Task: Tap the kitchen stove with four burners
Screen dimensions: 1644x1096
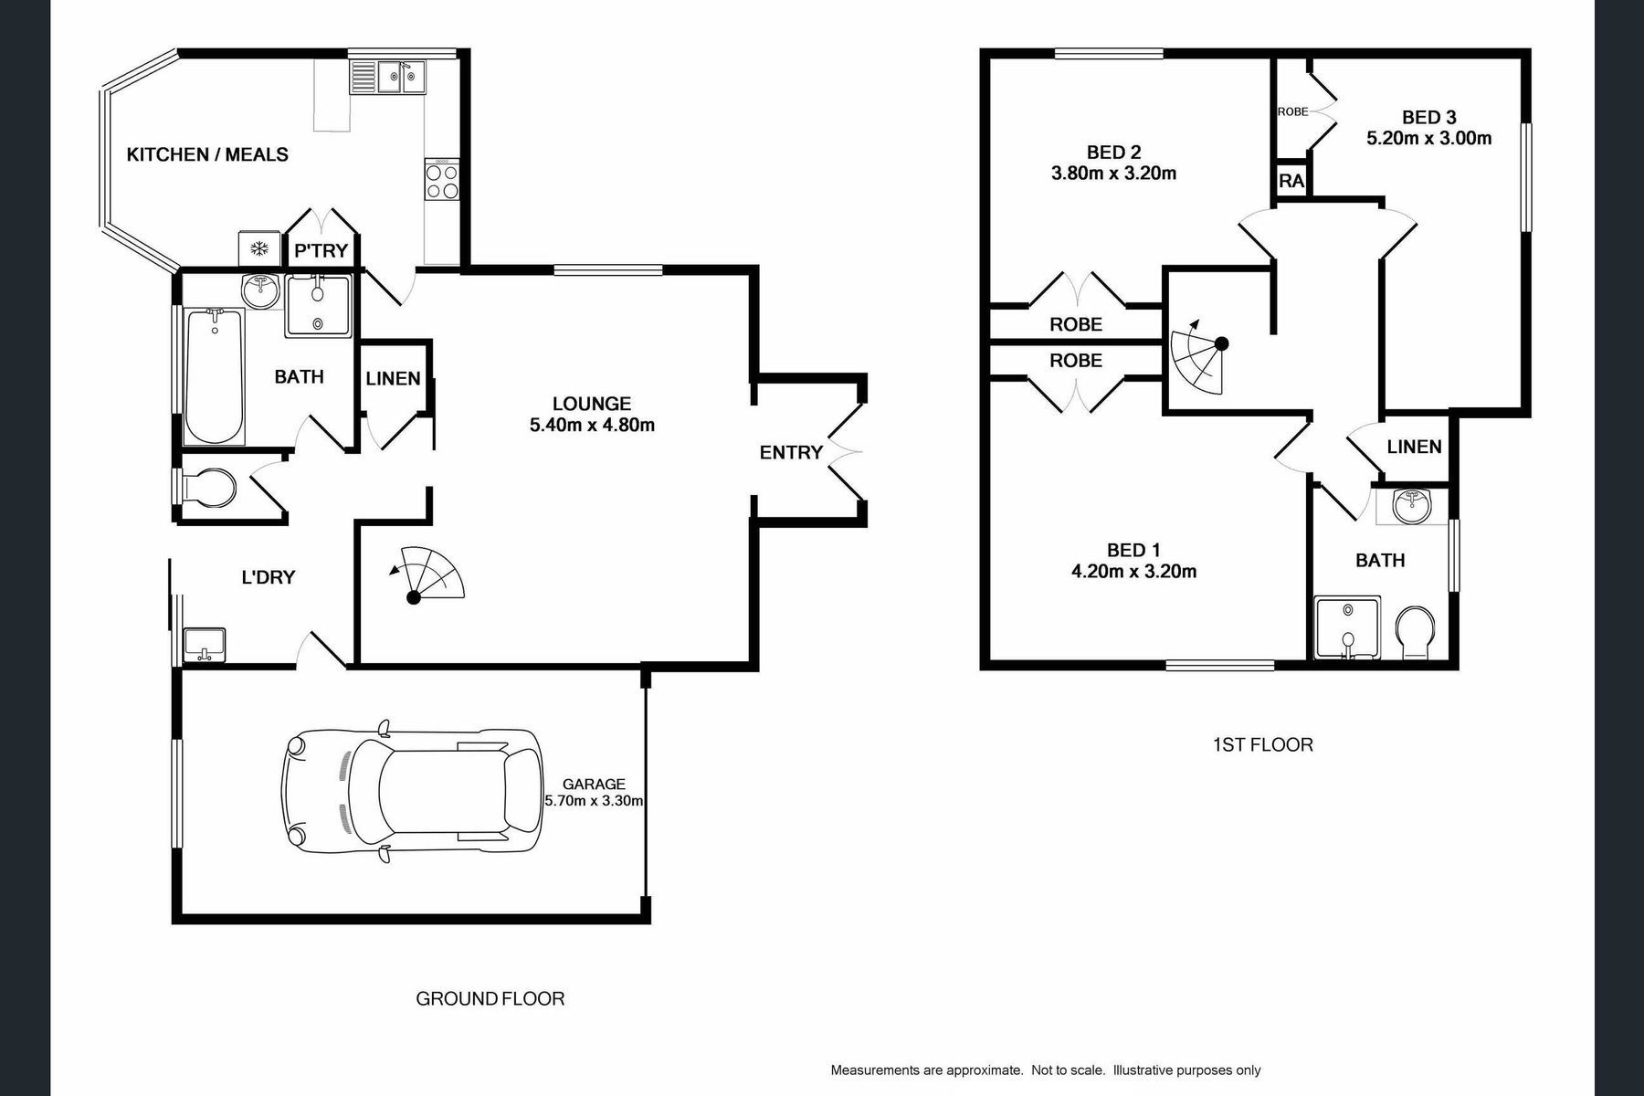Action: [x=442, y=180]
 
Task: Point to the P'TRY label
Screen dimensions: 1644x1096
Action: [x=321, y=250]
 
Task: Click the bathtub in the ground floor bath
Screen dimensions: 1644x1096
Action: [x=215, y=376]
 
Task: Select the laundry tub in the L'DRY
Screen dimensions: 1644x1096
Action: [x=205, y=645]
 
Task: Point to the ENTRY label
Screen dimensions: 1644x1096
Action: [x=791, y=452]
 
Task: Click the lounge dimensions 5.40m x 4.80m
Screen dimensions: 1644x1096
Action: [x=592, y=425]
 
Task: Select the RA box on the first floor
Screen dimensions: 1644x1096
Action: [x=1291, y=181]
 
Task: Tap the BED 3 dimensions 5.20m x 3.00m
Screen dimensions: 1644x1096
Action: [x=1428, y=139]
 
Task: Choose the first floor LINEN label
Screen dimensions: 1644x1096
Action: [x=1414, y=447]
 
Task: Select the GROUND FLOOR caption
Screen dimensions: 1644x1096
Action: [x=490, y=998]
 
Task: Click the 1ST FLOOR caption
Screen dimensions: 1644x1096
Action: [x=1262, y=744]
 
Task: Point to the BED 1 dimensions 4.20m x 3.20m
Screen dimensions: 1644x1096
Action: [x=1133, y=572]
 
